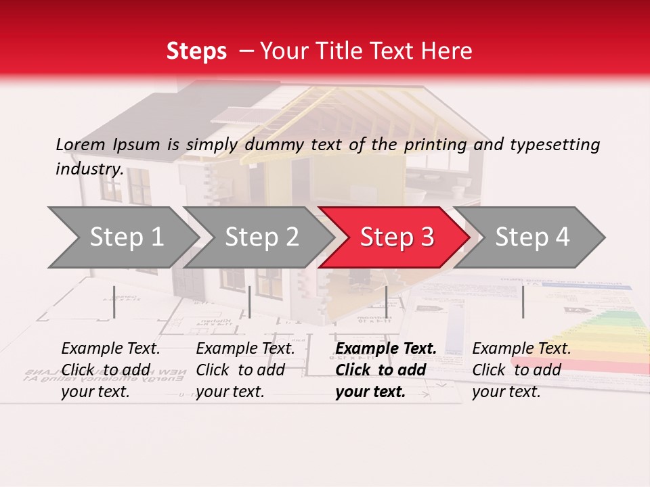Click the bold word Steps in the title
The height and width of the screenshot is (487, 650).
pos(196,51)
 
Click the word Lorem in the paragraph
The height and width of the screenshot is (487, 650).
pos(81,144)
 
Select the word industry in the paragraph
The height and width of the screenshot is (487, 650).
pos(89,168)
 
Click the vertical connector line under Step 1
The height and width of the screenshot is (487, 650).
pos(114,302)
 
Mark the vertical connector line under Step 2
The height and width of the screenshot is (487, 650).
pos(250,302)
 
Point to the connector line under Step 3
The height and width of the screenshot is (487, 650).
pos(386,302)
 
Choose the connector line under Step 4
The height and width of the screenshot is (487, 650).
pos(523,302)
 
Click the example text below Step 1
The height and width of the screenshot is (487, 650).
pos(110,370)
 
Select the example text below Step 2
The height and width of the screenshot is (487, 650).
pos(245,370)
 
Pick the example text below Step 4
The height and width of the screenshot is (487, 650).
pos(521,370)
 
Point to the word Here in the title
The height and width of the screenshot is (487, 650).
pos(448,51)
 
